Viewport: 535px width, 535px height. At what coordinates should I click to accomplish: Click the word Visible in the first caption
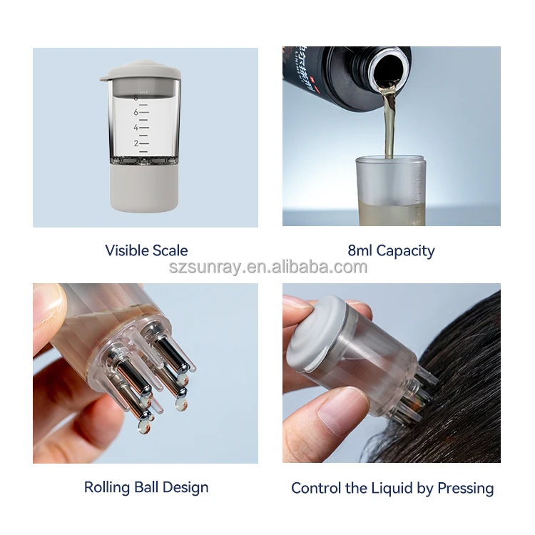point(127,250)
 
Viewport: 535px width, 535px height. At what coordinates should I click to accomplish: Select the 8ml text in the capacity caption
point(360,250)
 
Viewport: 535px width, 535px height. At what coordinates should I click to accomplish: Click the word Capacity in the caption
point(405,250)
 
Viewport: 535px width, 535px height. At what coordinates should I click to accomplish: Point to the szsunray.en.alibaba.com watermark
point(267,268)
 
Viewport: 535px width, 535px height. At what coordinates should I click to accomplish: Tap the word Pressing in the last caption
point(464,489)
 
